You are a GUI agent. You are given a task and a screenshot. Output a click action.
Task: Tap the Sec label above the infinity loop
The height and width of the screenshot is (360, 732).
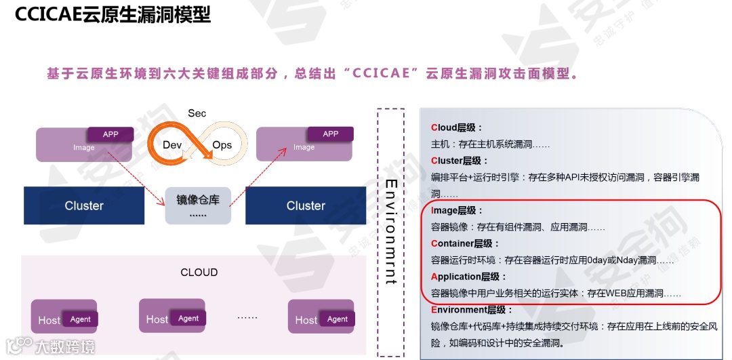pyautogui.click(x=197, y=113)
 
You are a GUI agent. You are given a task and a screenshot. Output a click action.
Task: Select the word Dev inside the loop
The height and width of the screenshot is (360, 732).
pyautogui.click(x=173, y=145)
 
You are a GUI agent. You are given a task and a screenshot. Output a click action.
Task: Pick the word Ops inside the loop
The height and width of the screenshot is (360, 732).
pyautogui.click(x=222, y=145)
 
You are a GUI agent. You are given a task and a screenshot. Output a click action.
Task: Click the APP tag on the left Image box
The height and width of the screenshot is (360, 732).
pyautogui.click(x=110, y=134)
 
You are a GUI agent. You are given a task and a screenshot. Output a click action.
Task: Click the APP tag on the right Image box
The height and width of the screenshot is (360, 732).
pyautogui.click(x=331, y=134)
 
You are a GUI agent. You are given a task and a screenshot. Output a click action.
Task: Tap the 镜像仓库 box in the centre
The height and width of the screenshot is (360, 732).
pyautogui.click(x=198, y=204)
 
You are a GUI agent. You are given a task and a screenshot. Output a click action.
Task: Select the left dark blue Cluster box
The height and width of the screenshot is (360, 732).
pyautogui.click(x=84, y=205)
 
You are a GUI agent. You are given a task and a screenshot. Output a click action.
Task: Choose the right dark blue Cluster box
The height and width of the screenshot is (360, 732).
pyautogui.click(x=306, y=205)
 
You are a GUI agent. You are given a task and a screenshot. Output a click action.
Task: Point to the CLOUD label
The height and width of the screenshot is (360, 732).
pyautogui.click(x=199, y=273)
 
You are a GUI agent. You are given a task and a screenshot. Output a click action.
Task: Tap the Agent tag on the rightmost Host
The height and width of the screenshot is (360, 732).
pyautogui.click(x=338, y=319)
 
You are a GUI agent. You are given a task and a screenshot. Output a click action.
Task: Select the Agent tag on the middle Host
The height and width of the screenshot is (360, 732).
pyautogui.click(x=188, y=318)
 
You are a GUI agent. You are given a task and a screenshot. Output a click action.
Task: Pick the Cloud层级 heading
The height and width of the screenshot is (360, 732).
pyautogui.click(x=457, y=127)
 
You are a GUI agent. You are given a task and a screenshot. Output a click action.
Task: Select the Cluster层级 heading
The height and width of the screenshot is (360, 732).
pyautogui.click(x=460, y=161)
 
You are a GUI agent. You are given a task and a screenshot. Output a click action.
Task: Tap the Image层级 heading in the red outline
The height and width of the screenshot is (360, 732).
pyautogui.click(x=457, y=210)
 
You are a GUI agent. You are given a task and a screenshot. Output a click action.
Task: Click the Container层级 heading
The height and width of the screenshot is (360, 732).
pyautogui.click(x=465, y=243)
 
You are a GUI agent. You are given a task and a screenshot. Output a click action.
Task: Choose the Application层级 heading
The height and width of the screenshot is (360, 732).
pyautogui.click(x=468, y=277)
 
